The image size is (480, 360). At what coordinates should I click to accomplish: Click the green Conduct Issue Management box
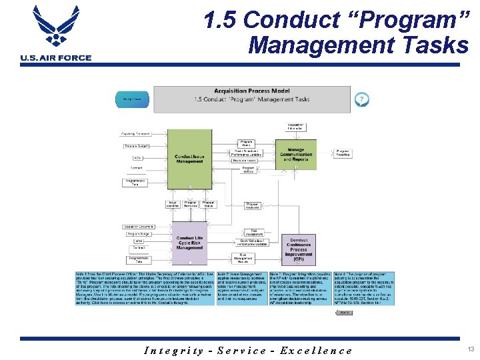[x=189, y=159]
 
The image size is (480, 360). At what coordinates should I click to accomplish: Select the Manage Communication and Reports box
[x=296, y=155]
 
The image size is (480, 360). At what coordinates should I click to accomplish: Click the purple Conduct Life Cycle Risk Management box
[x=190, y=243]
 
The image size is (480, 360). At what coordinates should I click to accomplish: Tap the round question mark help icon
[x=361, y=99]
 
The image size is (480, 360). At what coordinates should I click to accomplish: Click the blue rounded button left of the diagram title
[x=133, y=100]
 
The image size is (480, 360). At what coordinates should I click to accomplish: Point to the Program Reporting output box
[x=343, y=153]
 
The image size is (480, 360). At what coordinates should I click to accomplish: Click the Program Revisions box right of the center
[x=252, y=205]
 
